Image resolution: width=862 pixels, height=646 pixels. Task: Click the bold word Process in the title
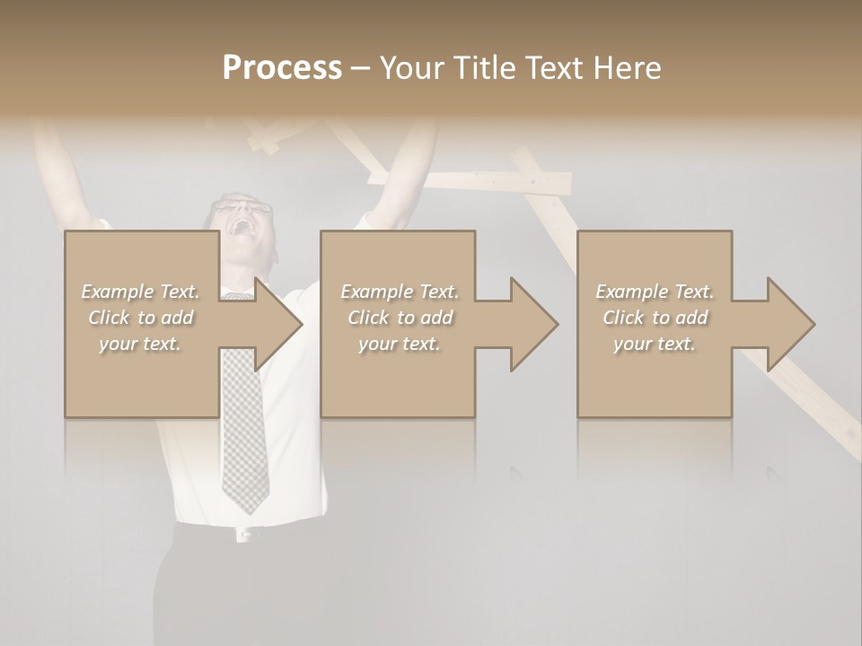[282, 68]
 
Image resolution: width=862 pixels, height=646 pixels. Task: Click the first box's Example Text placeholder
[140, 318]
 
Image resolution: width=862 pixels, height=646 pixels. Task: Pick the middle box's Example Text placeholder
[399, 318]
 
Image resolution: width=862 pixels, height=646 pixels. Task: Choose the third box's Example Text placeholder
[655, 318]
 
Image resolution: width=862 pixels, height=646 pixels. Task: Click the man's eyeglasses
[242, 209]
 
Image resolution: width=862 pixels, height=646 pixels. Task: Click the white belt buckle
[243, 534]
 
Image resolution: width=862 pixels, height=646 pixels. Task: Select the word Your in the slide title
[411, 68]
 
